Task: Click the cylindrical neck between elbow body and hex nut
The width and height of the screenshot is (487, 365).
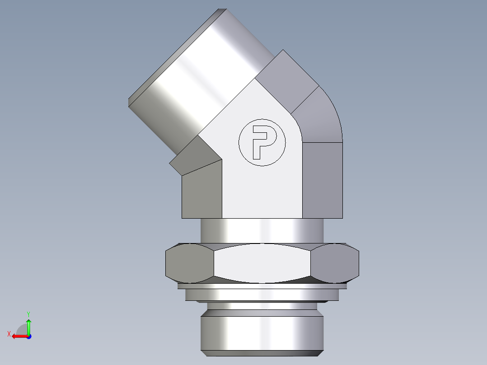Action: tap(262, 230)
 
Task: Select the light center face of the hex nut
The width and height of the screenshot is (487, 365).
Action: tap(262, 263)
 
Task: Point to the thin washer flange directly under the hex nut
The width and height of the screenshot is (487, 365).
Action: tap(262, 286)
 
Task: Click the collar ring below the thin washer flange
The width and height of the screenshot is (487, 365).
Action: tap(262, 295)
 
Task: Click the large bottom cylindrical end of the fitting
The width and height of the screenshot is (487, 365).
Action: tap(262, 332)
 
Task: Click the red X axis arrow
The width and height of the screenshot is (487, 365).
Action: tap(18, 336)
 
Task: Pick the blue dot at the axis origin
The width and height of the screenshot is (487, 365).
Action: tap(28, 337)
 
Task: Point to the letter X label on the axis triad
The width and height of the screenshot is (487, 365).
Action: tap(9, 334)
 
